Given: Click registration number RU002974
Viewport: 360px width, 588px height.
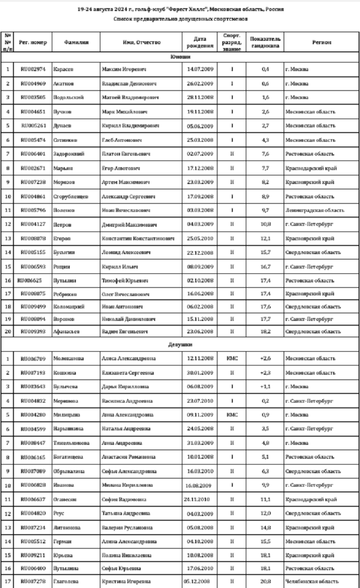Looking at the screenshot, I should pos(33,69).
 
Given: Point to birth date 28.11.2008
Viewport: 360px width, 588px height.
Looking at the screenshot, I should pos(200,98).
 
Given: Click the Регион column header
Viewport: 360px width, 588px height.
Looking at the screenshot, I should pos(321,42).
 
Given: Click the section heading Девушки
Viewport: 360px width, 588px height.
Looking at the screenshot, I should pos(180,344).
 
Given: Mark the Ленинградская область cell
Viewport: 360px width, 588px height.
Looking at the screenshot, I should pos(314,211).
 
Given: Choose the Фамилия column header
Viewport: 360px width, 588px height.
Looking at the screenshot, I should pos(76,42).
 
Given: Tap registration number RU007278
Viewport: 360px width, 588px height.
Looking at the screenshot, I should pos(33,580).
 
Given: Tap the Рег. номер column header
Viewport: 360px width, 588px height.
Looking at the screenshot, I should pos(33,42).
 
